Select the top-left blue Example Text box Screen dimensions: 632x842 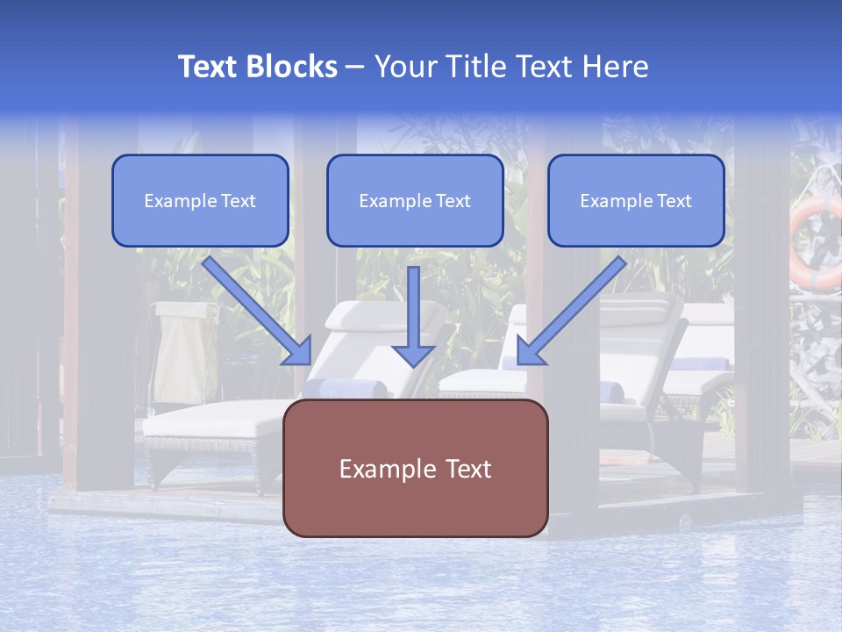(x=200, y=200)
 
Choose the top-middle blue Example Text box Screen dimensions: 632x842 (x=415, y=200)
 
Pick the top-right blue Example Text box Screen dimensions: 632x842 (x=636, y=200)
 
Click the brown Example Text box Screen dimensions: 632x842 (x=415, y=468)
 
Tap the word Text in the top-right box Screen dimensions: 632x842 (x=674, y=201)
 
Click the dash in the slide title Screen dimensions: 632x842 (x=355, y=67)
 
